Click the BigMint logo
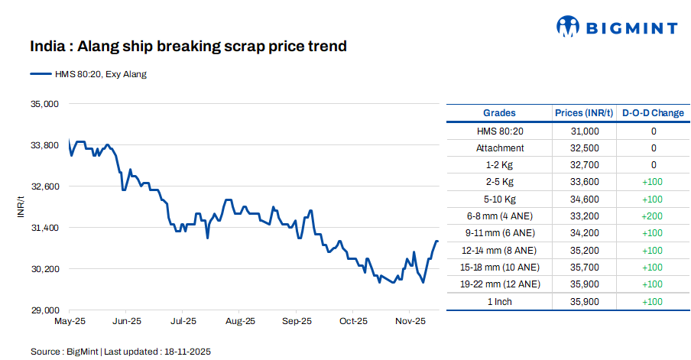(616, 28)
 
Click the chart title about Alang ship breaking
(189, 47)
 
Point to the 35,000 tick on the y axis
(44, 103)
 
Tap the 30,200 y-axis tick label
(44, 269)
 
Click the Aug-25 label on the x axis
(240, 321)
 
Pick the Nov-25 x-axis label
(410, 321)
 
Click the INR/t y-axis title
(21, 206)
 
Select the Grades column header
(499, 113)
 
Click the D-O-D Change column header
(653, 113)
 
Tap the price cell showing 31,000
(585, 131)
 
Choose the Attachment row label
(500, 148)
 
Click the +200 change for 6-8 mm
(654, 216)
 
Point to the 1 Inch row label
(500, 301)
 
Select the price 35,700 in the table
(585, 268)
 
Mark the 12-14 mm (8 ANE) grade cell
(500, 250)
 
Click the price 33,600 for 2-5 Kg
(585, 182)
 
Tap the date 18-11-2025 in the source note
(185, 352)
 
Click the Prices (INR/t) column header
(584, 113)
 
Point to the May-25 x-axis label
(69, 321)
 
